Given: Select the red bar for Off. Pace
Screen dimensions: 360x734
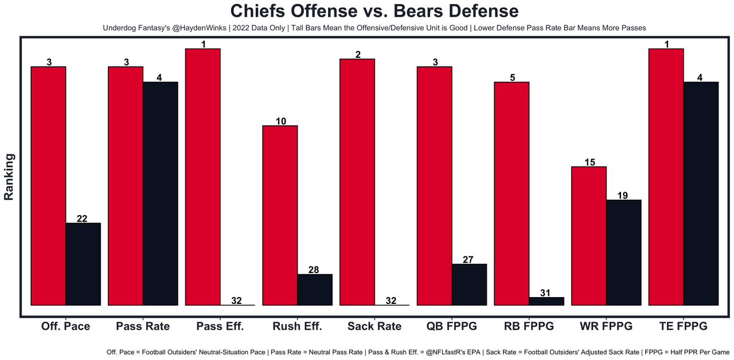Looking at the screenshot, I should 49,186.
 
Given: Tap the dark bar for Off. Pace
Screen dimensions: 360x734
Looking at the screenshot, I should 84,264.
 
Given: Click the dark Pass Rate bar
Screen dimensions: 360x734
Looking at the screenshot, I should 161,193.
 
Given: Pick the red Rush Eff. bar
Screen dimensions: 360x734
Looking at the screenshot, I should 280,215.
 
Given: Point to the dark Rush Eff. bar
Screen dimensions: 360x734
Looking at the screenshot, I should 315,290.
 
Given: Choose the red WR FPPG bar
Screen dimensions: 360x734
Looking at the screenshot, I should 589,236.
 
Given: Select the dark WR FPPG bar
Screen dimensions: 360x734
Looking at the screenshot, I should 624,252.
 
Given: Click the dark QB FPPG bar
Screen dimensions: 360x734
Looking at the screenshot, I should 469,284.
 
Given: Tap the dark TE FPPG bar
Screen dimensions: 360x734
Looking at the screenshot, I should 701,193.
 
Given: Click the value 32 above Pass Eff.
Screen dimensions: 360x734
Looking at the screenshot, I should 236,300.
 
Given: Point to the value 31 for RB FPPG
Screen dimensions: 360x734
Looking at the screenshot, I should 545,293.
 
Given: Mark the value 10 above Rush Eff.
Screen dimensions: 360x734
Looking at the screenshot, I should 280,121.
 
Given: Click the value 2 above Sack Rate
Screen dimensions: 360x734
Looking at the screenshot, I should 357,54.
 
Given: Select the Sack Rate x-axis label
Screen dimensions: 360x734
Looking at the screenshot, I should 374,326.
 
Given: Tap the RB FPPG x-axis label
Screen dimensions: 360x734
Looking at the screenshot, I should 529,326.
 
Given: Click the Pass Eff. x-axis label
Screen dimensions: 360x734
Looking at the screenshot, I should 220,326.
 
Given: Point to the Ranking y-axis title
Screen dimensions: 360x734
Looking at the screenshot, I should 9,176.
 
